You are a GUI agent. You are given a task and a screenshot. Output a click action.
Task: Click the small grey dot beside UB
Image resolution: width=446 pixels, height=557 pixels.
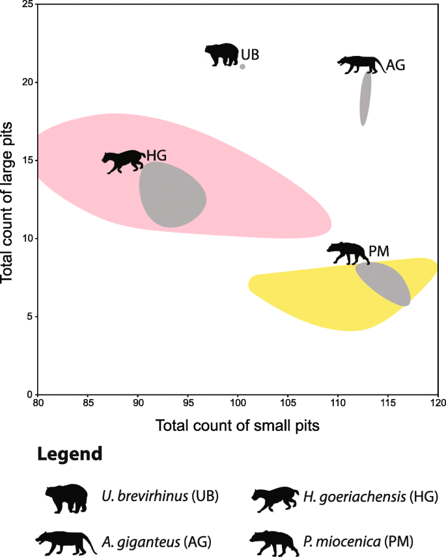[242, 66]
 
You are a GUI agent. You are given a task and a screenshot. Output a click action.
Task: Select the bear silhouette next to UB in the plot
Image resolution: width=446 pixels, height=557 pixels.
[222, 55]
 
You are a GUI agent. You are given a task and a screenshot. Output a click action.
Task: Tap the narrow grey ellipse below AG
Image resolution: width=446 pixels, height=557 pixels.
[366, 98]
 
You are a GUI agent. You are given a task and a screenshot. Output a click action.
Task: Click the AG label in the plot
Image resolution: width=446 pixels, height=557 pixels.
[396, 65]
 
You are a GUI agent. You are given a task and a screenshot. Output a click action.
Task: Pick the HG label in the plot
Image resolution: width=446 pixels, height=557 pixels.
[156, 155]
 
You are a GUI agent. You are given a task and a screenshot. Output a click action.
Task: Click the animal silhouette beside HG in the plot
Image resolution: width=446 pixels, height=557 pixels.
[124, 161]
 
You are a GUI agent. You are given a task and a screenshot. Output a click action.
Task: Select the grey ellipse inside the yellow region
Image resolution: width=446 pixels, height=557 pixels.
[383, 284]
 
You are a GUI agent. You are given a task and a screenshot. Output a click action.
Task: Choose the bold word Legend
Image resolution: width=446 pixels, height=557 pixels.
[70, 454]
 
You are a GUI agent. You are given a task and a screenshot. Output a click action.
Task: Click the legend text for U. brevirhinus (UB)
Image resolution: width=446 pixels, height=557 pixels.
[160, 497]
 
